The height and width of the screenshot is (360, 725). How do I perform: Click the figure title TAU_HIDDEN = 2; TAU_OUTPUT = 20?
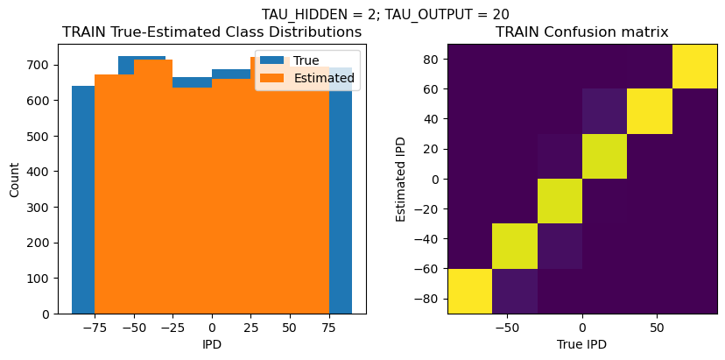coord(385,14)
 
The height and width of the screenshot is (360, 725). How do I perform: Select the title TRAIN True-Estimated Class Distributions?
coord(212,32)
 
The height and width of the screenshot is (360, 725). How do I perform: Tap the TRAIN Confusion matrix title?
coord(581,32)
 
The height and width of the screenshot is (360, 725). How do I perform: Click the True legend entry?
coord(307,60)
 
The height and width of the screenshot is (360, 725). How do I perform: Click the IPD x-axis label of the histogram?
coord(212,344)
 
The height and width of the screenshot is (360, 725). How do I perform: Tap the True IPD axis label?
coord(581,344)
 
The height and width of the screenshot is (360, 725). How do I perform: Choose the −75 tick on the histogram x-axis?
coord(92,327)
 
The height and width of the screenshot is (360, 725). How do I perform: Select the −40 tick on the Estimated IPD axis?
coord(426,239)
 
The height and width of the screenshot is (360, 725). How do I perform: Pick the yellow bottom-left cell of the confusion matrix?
coord(469,291)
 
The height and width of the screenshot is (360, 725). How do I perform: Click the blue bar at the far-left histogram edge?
coord(83,201)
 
